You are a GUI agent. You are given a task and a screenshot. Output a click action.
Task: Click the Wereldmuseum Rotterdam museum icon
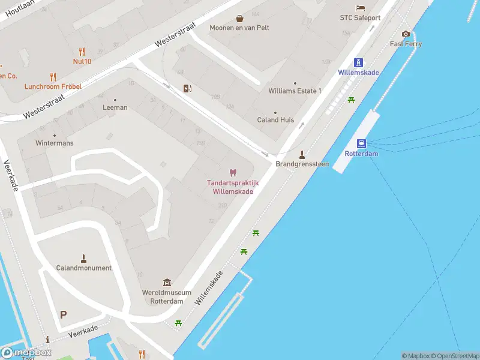[166, 283]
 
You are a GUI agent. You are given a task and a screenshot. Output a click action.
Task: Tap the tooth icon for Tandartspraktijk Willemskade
[233, 173]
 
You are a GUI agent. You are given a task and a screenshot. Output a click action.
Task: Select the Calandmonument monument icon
[83, 259]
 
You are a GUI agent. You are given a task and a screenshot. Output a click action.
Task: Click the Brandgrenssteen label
[302, 164]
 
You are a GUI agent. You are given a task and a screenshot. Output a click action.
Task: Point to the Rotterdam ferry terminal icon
[361, 143]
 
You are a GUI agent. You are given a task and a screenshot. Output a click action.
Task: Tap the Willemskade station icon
[358, 62]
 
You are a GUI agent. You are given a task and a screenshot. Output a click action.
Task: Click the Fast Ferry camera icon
[406, 34]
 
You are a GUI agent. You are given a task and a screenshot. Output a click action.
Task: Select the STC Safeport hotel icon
[360, 8]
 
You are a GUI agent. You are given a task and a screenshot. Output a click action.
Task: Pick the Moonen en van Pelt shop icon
[239, 19]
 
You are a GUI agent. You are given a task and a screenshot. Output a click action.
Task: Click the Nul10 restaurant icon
[82, 52]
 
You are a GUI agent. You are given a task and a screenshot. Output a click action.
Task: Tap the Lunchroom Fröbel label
[53, 86]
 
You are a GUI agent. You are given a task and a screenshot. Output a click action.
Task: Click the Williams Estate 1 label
[295, 91]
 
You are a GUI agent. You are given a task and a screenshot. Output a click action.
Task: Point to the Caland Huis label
[275, 119]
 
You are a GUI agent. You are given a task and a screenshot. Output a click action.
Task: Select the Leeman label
[115, 107]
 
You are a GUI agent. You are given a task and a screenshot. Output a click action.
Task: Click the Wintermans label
[54, 143]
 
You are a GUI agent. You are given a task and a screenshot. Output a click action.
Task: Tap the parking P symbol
[64, 314]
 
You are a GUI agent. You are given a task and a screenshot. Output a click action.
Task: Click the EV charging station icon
[188, 89]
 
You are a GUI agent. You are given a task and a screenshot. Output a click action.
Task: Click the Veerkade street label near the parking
[83, 331]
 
